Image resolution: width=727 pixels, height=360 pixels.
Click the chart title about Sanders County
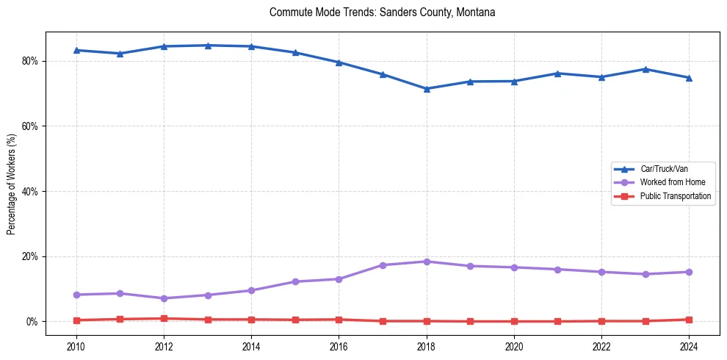coord(383,12)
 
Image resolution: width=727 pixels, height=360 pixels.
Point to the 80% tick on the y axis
coord(30,61)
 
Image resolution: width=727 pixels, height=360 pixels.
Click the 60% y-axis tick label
coord(30,126)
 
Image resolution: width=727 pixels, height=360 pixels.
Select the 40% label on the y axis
coord(30,191)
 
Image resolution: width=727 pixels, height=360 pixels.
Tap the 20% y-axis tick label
coord(30,256)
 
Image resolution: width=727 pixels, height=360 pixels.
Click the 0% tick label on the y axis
coord(32,322)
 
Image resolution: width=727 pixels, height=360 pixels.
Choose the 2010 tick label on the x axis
coord(76,346)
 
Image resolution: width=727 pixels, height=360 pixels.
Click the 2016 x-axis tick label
coord(339,346)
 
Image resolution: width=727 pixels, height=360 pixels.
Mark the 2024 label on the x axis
coord(689,346)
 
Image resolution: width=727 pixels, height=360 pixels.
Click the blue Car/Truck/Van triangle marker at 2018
coord(427,89)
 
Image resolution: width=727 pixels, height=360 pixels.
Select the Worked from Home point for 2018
coord(427,262)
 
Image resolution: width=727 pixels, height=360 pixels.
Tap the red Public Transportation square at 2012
coord(164,319)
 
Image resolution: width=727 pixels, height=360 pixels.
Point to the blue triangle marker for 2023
coord(645,69)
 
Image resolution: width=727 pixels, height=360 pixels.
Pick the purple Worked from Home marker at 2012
coord(164,298)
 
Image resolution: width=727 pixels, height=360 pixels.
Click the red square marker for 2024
coord(689,320)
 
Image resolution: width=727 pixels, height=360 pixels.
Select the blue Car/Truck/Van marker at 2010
coord(76,50)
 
